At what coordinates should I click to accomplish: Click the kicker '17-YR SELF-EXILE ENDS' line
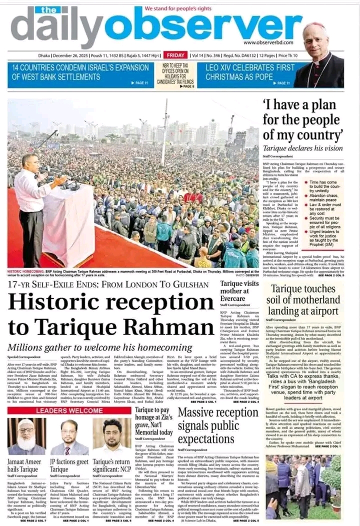pos(107,285)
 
